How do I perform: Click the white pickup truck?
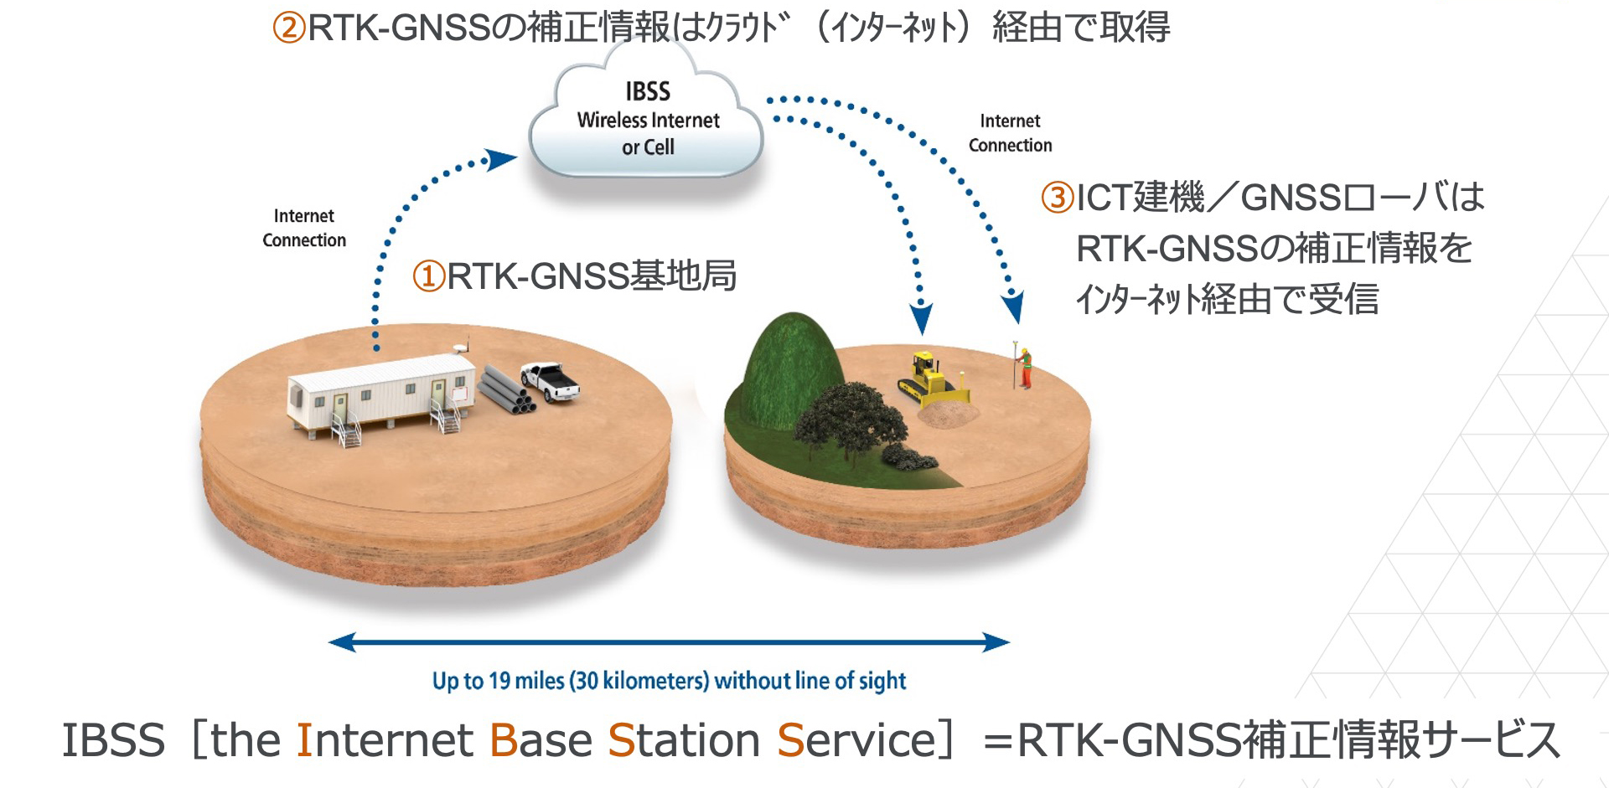(x=550, y=382)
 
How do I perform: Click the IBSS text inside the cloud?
(x=648, y=90)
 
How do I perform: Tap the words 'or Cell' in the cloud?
(x=648, y=147)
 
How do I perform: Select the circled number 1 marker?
(x=429, y=276)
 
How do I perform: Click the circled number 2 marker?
(x=289, y=28)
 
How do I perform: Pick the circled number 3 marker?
(x=1057, y=198)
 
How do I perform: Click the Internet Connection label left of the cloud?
(x=304, y=228)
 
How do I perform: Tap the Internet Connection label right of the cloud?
(x=1010, y=133)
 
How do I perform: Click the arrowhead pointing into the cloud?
(x=500, y=158)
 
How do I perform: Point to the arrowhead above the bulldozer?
(x=921, y=318)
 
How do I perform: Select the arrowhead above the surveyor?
(x=1013, y=306)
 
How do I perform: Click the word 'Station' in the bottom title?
(x=684, y=740)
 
